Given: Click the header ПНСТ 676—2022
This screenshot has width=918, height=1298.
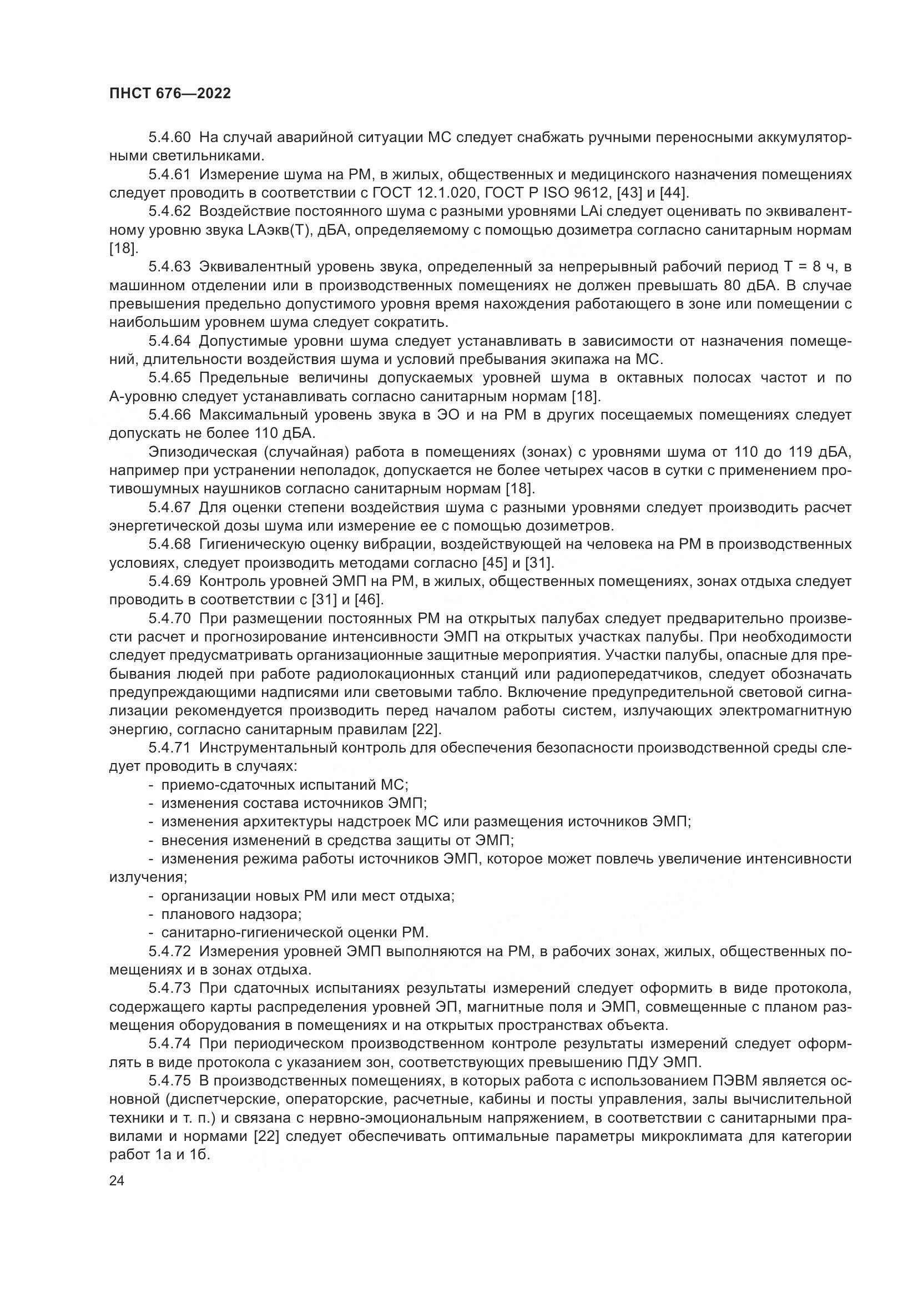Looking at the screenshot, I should click(x=170, y=93).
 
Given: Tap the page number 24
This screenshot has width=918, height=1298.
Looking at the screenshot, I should click(x=117, y=1181).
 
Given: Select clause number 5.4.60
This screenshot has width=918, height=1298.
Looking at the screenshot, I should click(x=170, y=138).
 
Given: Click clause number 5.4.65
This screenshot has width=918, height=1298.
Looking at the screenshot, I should click(x=170, y=378).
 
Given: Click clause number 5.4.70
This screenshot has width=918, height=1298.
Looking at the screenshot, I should click(x=170, y=618).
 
